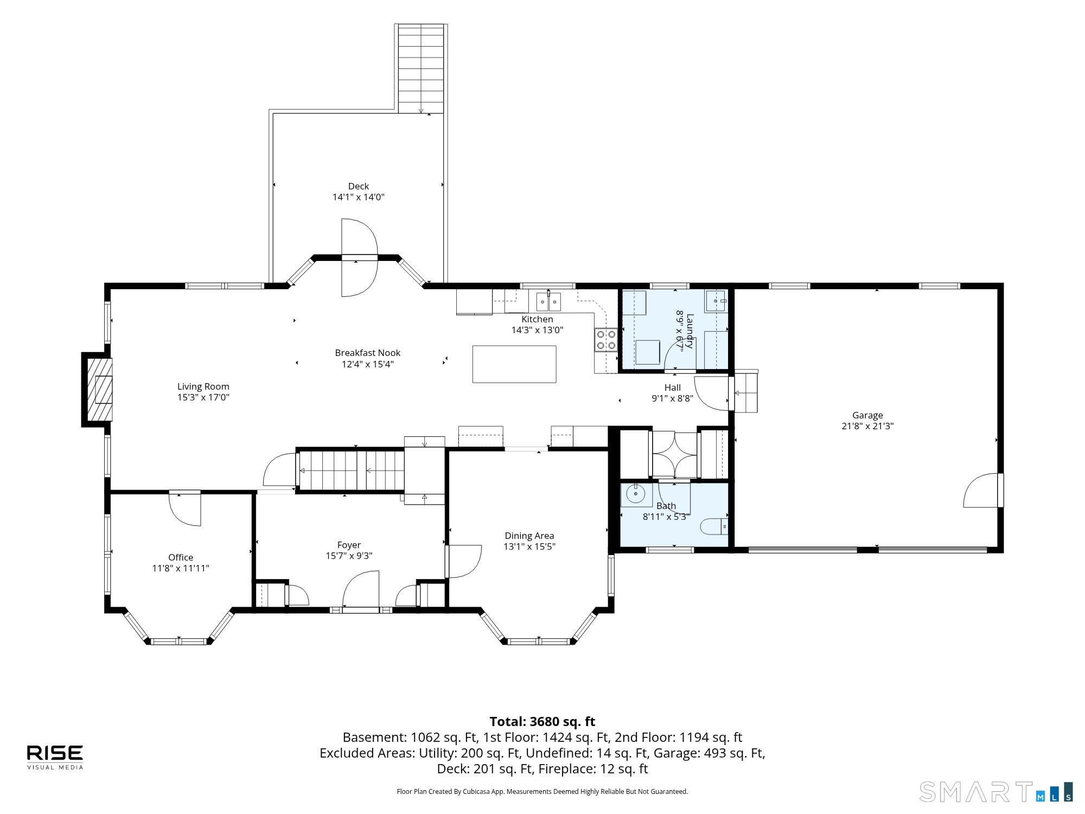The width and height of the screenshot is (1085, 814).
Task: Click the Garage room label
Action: pyautogui.click(x=867, y=415)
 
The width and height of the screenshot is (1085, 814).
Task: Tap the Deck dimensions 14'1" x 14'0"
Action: pyautogui.click(x=359, y=197)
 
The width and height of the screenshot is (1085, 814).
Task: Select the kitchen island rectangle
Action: pyautogui.click(x=514, y=364)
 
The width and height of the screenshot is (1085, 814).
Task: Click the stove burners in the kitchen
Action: pyautogui.click(x=606, y=340)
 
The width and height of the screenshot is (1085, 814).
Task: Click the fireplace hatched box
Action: pyautogui.click(x=98, y=389)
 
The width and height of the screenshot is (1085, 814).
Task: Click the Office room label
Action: pyautogui.click(x=181, y=557)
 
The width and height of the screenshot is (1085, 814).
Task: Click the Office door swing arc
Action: pyautogui.click(x=185, y=510)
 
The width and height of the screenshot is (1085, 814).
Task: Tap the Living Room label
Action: pyautogui.click(x=203, y=386)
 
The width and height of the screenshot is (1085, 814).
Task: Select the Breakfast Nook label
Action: pyautogui.click(x=368, y=353)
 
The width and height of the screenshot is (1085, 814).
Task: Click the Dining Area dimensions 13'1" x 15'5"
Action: pyautogui.click(x=529, y=546)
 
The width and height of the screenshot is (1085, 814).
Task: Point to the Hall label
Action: pyautogui.click(x=673, y=387)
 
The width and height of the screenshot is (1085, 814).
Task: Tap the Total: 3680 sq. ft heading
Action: pyautogui.click(x=542, y=722)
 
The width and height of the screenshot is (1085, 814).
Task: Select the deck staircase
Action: pyautogui.click(x=421, y=68)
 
